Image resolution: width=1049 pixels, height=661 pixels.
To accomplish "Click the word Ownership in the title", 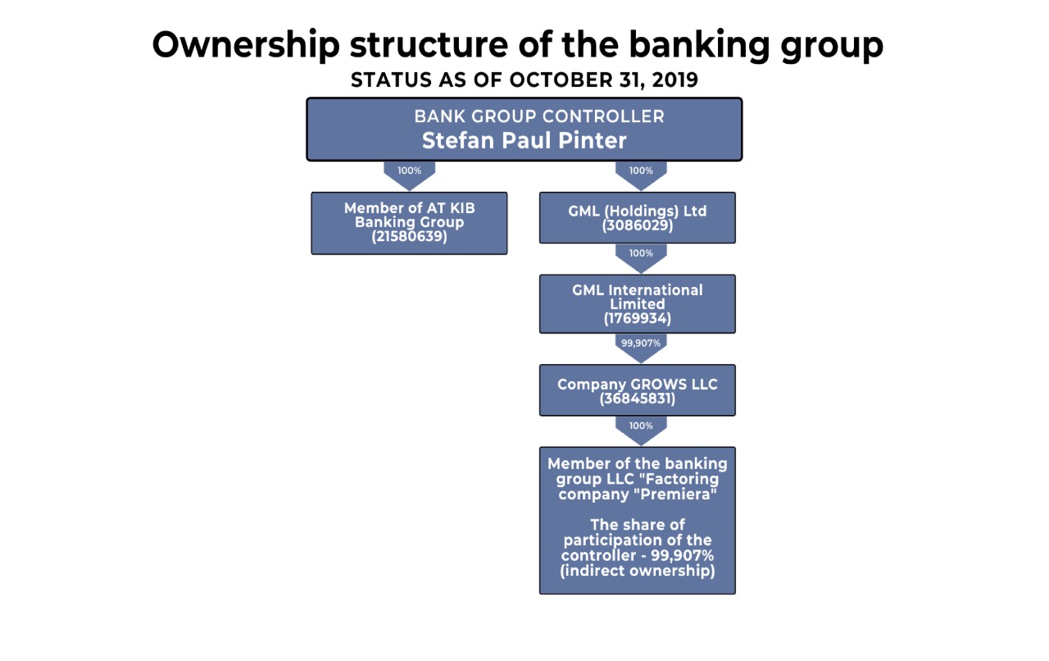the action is [x=246, y=45].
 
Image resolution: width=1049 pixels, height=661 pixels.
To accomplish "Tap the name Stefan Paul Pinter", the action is [x=524, y=140].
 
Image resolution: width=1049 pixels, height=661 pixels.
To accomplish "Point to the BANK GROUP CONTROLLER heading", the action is [x=539, y=116].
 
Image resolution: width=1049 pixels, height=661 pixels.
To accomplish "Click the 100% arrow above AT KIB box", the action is [x=409, y=175].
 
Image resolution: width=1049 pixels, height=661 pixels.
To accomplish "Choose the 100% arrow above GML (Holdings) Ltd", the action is [x=641, y=175].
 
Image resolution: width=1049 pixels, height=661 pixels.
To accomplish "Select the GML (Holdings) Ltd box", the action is [x=638, y=217].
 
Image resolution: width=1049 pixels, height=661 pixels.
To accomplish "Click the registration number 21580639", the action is [x=409, y=236].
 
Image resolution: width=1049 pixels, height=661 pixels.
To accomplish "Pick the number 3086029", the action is [x=638, y=226].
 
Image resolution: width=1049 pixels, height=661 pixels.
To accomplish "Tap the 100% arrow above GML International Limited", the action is [x=641, y=258].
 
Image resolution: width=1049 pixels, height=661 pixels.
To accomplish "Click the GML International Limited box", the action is [x=638, y=303].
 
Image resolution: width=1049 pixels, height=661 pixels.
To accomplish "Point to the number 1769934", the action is [x=638, y=319].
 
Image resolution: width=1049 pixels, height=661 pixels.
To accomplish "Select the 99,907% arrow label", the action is [x=641, y=343].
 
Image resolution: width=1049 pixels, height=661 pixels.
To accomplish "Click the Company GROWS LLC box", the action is [x=638, y=390].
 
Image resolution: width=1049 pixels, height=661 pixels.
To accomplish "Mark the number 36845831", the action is [x=638, y=399].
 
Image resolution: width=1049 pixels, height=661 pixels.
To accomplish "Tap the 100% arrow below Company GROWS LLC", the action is [x=641, y=431].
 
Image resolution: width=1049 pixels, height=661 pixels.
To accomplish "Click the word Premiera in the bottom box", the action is [x=676, y=494].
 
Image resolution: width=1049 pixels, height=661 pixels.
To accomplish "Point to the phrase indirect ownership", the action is [x=638, y=571].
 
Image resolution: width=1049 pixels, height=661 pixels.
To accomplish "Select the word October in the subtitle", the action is [x=561, y=80].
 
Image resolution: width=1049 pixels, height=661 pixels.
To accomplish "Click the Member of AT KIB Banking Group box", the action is [x=409, y=223].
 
